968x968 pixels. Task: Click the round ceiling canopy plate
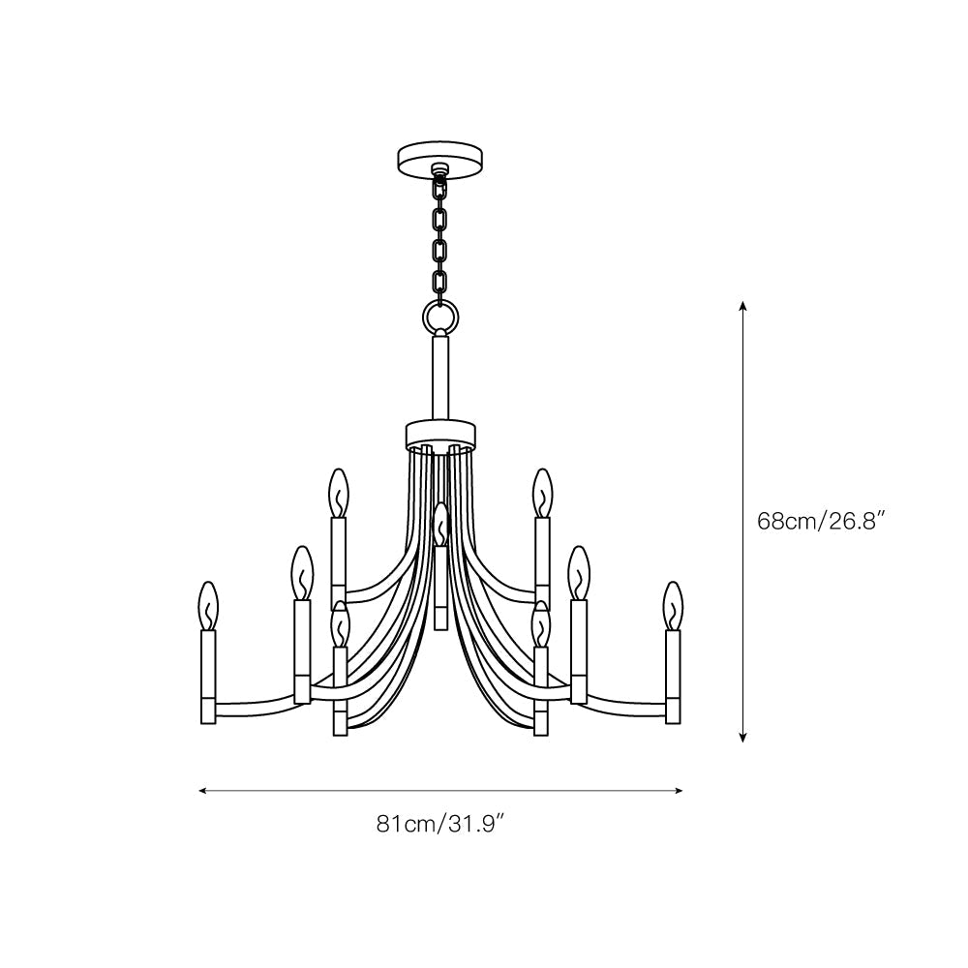(x=440, y=161)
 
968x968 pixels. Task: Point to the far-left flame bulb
(x=209, y=606)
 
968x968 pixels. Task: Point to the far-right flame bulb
(x=673, y=606)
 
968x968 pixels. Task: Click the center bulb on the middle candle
(x=440, y=524)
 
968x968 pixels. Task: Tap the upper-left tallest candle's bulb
(x=338, y=494)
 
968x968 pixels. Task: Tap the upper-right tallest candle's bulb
(x=543, y=494)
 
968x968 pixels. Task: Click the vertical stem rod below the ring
(x=440, y=378)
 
